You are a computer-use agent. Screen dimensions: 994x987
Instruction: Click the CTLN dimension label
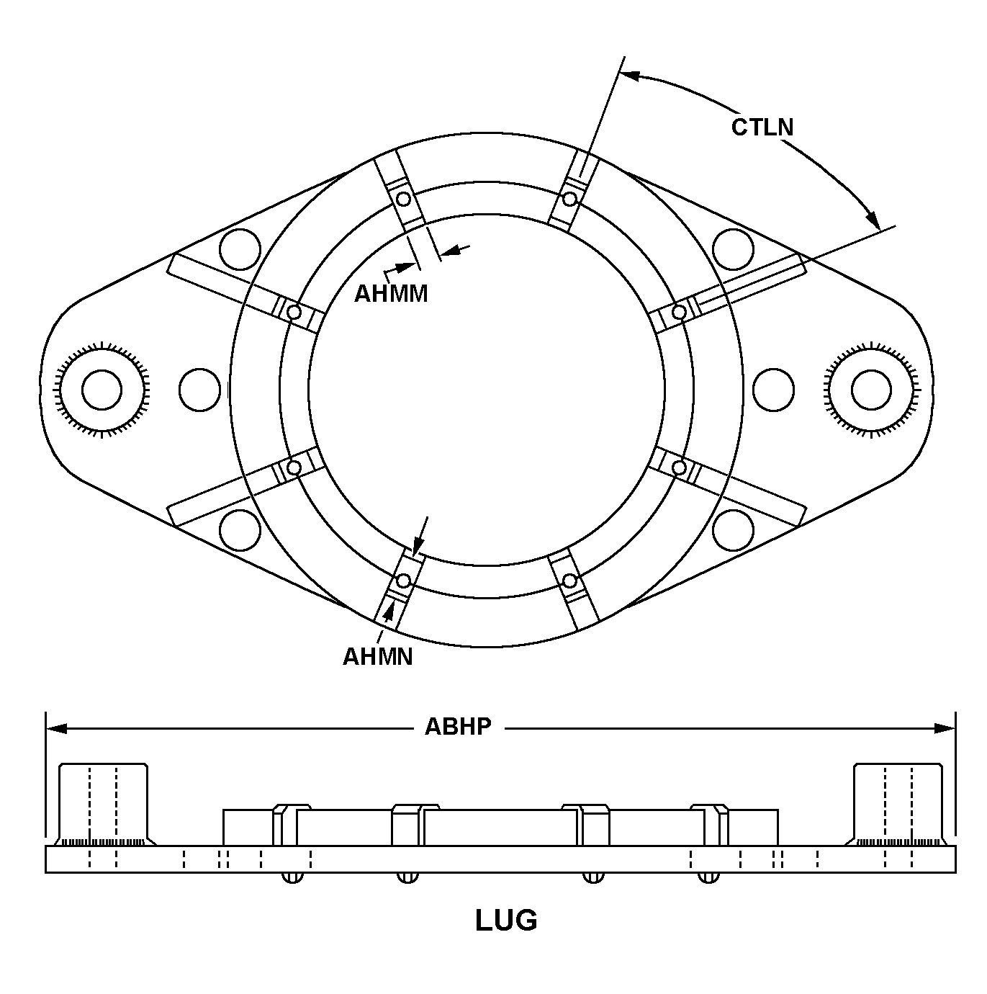pos(762,127)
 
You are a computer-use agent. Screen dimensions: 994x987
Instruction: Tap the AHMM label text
pos(391,293)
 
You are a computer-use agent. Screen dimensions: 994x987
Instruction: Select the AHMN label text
pos(377,656)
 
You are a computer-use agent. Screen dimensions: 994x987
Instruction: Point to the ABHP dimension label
pos(458,726)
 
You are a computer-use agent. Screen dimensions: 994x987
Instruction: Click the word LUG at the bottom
pos(506,920)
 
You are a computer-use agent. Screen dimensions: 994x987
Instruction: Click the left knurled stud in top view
pos(102,390)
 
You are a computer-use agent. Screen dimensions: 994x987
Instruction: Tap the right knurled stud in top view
pos(870,390)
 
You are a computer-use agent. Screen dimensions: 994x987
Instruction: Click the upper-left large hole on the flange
pos(240,249)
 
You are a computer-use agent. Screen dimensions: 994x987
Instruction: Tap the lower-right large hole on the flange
pos(733,530)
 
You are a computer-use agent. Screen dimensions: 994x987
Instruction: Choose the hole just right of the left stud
pos(199,390)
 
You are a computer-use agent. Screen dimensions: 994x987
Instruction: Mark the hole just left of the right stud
pos(773,390)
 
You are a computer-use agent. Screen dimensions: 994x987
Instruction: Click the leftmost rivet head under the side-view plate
pos(292,877)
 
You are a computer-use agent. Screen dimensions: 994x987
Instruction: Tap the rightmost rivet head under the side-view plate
pos(708,877)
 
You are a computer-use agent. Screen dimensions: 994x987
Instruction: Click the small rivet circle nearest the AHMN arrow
pos(403,580)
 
